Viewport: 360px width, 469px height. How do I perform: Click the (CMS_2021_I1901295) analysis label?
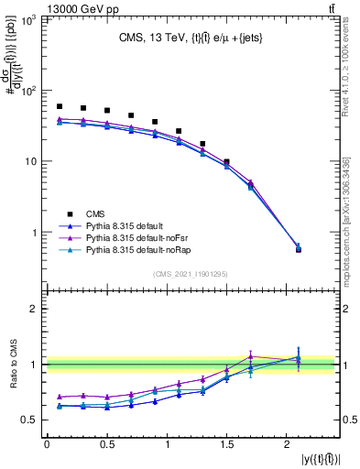tap(190, 274)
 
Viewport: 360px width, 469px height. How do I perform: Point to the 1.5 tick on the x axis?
tap(227, 445)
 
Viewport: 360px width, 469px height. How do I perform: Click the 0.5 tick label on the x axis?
tap(107, 445)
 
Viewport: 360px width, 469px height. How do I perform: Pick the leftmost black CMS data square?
tap(60, 106)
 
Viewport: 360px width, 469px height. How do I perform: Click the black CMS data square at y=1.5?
tap(227, 162)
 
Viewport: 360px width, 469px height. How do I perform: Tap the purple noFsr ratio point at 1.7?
tap(251, 356)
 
